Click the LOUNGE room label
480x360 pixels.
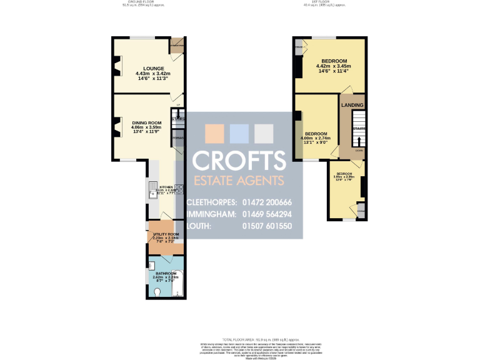153,68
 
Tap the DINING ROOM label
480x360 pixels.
146,122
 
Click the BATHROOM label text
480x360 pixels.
162,273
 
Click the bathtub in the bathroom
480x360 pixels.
177,282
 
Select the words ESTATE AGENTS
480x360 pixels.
238,181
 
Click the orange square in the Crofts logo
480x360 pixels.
214,134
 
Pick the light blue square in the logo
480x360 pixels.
239,134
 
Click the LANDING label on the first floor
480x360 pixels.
353,105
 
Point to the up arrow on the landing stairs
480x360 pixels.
359,141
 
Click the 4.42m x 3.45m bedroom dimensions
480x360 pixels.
333,66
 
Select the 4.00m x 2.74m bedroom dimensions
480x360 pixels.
316,138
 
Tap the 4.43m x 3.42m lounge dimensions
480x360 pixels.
153,74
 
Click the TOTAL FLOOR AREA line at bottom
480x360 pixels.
239,339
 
